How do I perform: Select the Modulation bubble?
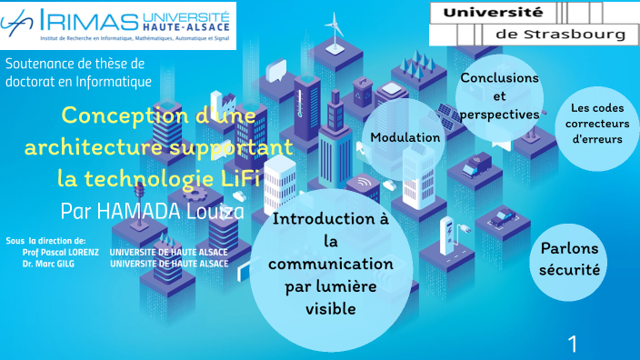coord(405,138)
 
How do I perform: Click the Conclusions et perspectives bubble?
coord(499,96)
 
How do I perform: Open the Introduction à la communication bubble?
coord(331,265)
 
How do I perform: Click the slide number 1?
coord(573,344)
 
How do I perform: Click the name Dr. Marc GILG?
coord(49,263)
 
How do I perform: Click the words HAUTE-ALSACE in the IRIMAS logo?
coord(187,28)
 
